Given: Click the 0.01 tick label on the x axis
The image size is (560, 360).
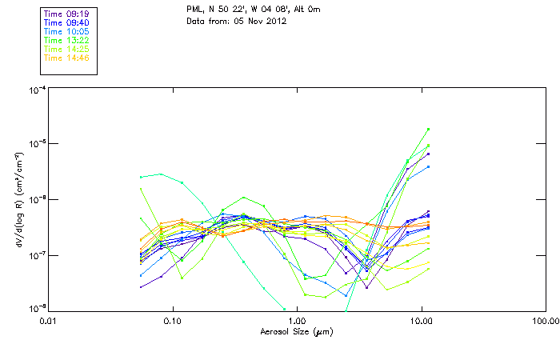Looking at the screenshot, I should (x=49, y=321).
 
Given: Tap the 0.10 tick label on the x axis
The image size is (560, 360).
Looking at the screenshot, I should (x=173, y=321).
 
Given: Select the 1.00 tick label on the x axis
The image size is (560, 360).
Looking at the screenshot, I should (x=297, y=321).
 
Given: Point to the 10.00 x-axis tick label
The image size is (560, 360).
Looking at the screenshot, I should (x=421, y=321).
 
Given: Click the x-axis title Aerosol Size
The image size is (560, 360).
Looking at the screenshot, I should (x=297, y=330).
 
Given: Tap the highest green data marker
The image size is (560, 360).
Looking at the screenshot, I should (x=429, y=129).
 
